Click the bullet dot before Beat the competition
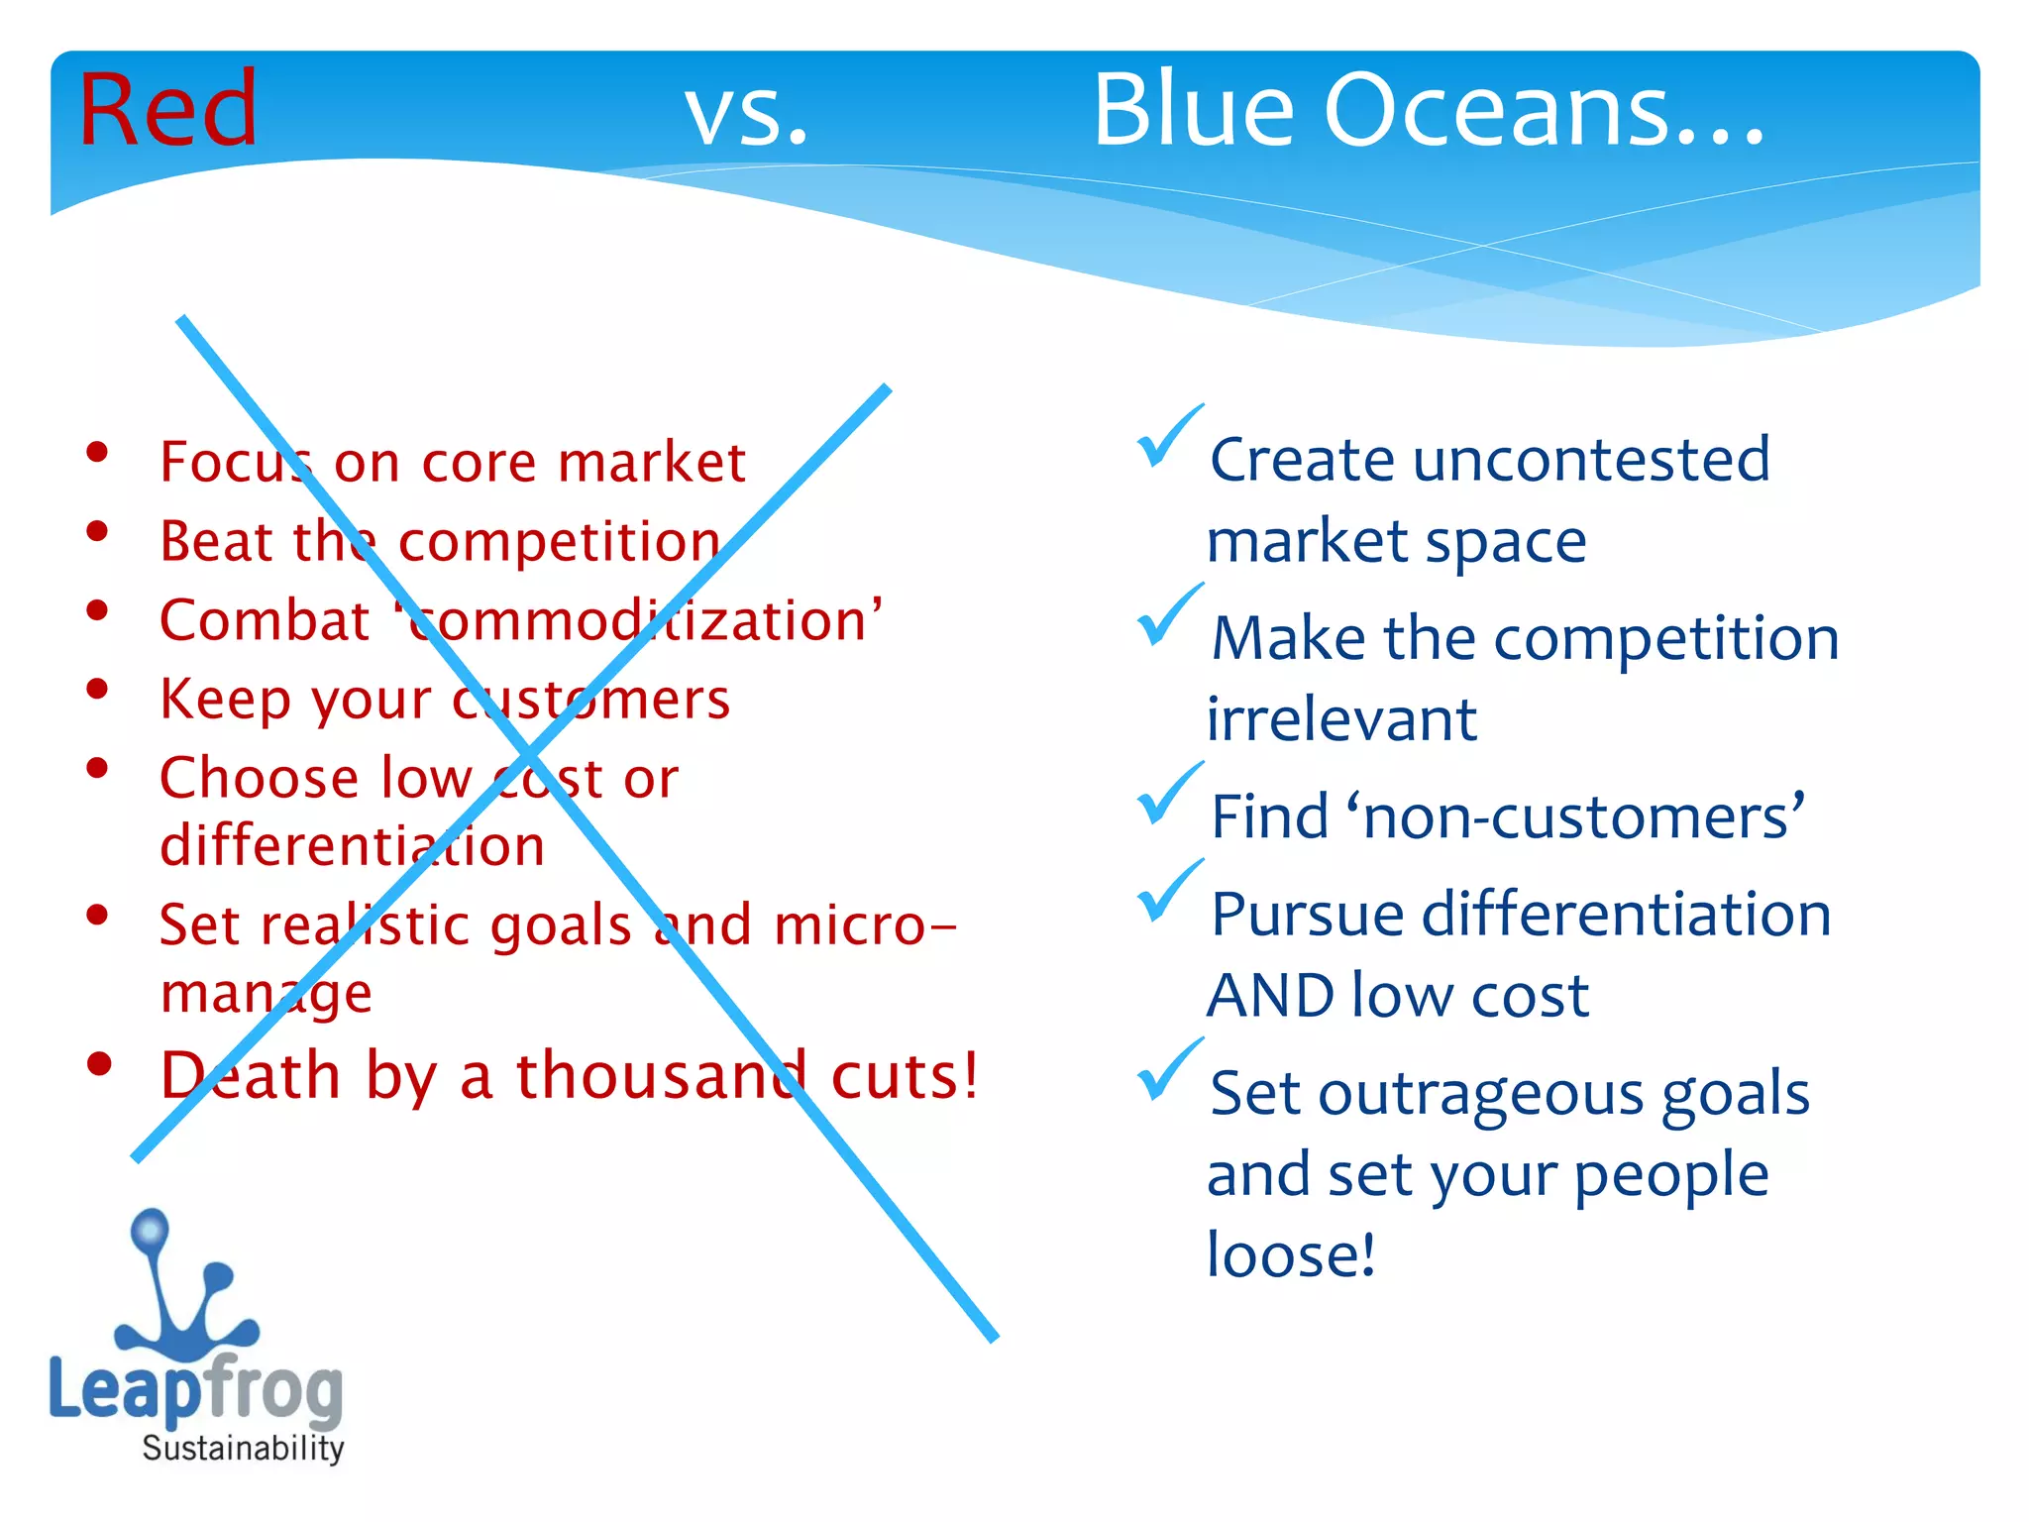coord(97,532)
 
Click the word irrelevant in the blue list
coord(1341,719)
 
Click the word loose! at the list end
coord(1291,1255)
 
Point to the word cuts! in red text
coord(905,1075)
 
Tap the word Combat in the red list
coord(265,621)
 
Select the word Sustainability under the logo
coord(243,1448)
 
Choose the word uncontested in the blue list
coord(1591,460)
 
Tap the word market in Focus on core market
coord(651,463)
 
